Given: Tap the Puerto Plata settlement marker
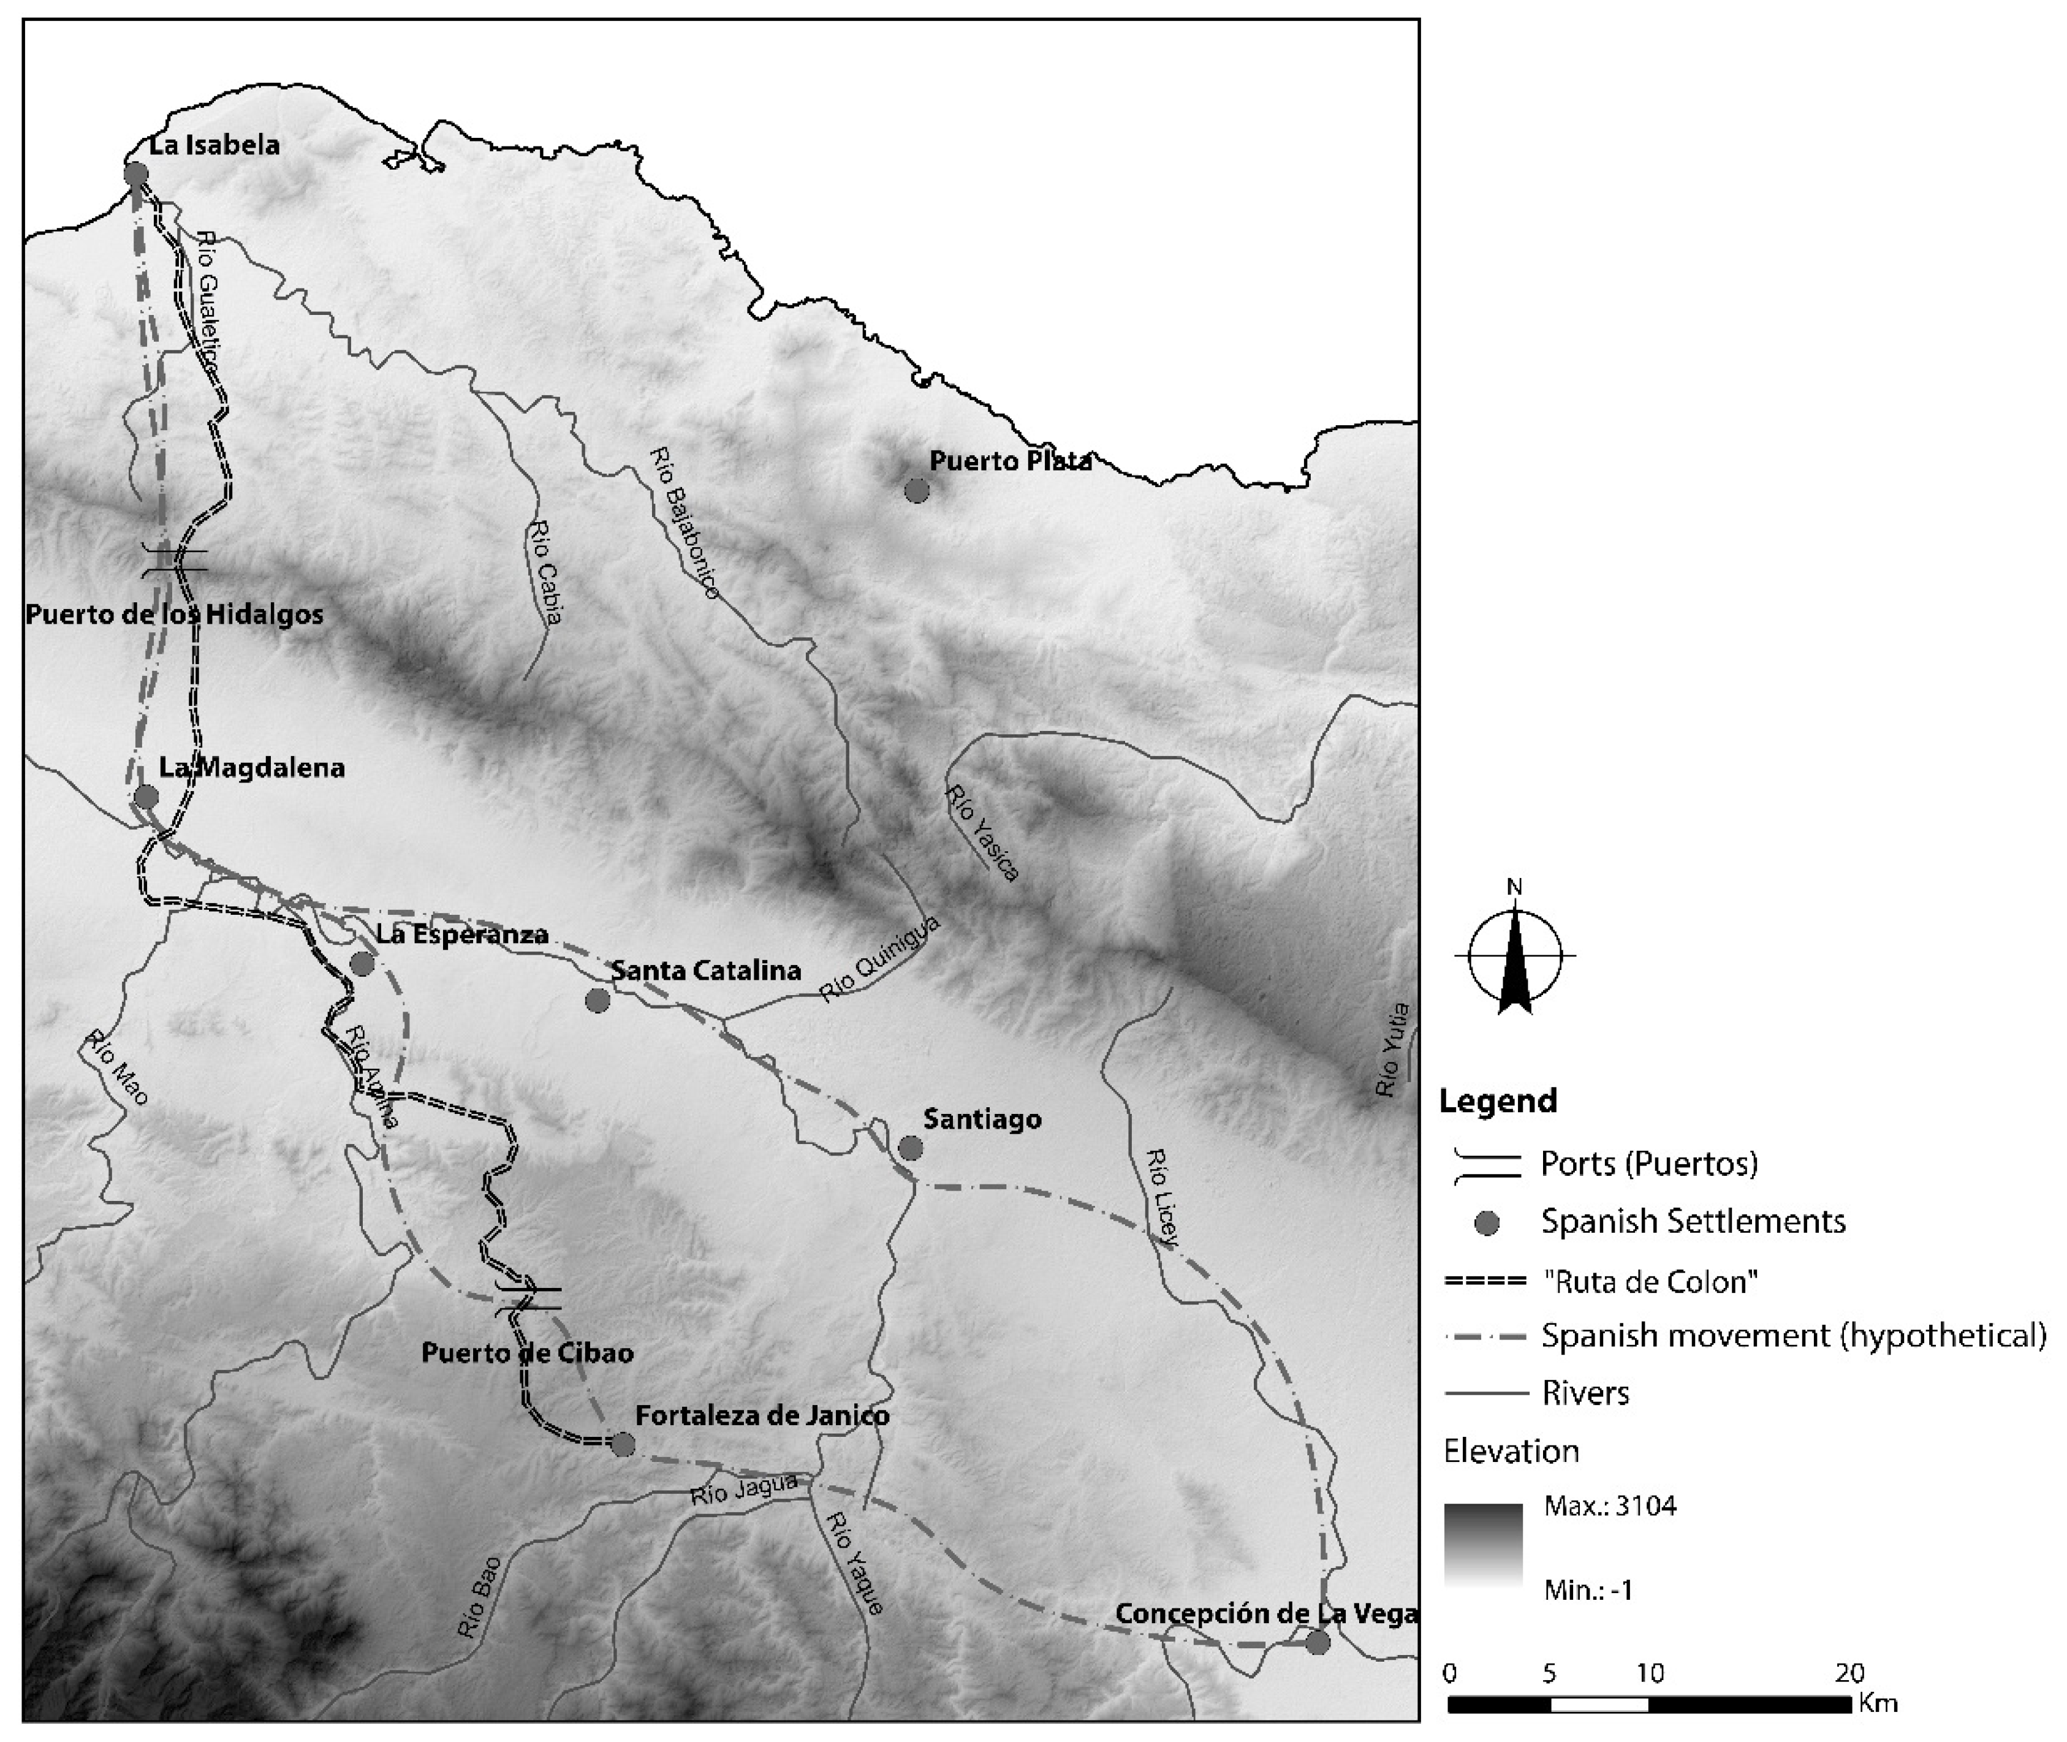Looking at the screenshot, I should (x=917, y=490).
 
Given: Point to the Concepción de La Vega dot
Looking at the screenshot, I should (x=1318, y=1642).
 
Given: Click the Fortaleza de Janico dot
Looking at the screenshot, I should (x=622, y=1445).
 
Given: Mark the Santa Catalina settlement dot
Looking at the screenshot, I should (x=596, y=1001).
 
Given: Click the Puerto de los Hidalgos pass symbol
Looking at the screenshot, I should (x=175, y=560).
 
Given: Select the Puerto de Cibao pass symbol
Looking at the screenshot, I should (x=528, y=1298).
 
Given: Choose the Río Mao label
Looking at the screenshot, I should (x=116, y=1069).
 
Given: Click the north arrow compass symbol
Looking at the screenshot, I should (x=1515, y=955).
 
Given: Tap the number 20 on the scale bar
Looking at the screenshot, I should (x=1849, y=1673).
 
